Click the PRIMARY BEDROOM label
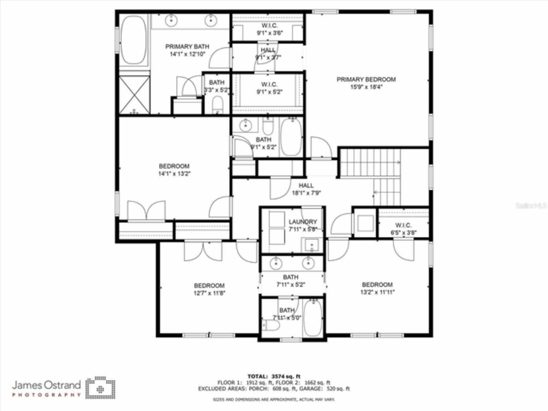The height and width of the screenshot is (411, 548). point(366,79)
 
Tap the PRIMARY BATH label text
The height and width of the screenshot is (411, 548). point(187,47)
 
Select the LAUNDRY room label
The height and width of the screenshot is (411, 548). point(303,222)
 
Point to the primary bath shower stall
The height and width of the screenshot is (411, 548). point(134,95)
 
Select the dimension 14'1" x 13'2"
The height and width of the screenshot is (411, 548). point(174,174)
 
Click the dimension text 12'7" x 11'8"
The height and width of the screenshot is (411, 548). point(209,293)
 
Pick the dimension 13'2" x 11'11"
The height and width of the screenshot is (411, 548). point(377,292)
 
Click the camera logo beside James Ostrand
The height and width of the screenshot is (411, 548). point(100,388)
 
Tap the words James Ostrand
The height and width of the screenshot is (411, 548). point(46,384)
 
